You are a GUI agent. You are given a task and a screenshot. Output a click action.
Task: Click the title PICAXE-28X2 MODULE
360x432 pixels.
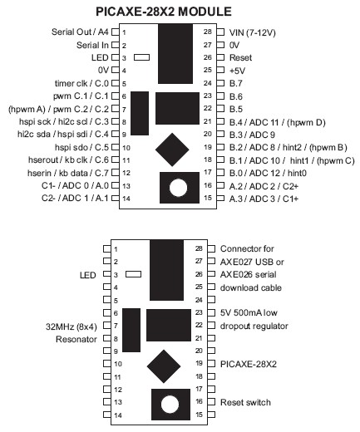164,12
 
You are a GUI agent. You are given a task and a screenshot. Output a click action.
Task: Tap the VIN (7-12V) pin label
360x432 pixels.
252,32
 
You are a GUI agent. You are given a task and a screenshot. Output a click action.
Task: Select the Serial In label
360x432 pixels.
92,45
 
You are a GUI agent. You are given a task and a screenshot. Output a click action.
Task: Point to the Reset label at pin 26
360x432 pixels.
240,57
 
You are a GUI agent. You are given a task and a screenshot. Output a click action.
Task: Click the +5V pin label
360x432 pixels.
237,71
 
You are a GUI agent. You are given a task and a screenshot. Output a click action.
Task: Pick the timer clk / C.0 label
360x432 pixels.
81,83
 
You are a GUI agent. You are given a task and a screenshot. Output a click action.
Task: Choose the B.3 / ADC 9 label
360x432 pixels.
252,135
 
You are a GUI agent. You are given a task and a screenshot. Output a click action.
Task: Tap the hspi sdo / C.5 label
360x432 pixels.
81,147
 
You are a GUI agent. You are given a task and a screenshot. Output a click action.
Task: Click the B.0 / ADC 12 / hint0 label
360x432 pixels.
268,174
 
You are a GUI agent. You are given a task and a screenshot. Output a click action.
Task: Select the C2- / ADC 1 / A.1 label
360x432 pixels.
75,199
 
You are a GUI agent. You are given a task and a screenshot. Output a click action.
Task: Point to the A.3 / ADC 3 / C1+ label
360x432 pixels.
264,199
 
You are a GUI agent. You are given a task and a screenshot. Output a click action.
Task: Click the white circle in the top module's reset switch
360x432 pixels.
178,188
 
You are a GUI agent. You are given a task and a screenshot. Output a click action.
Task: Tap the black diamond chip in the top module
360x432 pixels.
172,150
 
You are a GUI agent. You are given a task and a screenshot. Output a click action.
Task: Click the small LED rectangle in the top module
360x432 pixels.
141,57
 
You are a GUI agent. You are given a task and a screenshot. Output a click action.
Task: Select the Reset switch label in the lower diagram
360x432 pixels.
245,402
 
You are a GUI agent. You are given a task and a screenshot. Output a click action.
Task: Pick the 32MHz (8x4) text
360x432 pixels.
72,326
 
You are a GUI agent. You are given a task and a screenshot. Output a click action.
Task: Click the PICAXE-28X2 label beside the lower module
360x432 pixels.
249,364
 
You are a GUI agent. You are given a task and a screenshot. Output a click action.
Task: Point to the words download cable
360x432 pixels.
251,287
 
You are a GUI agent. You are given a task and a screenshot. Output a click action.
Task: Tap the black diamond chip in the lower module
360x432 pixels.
164,366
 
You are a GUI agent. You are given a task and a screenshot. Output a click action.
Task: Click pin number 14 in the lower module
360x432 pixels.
118,415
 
